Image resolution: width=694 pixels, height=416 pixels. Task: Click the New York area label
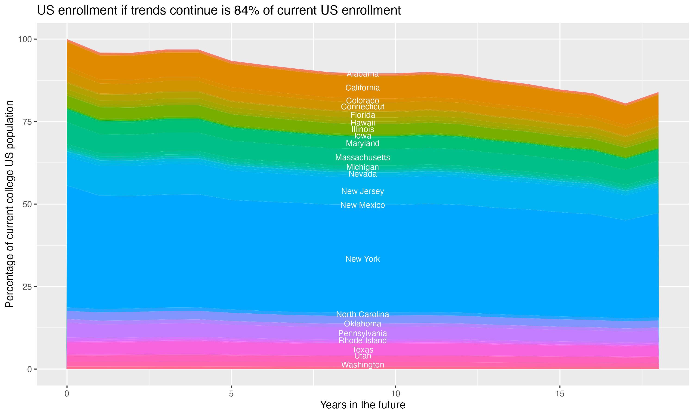pos(362,259)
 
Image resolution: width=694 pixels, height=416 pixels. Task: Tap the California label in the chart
pos(362,88)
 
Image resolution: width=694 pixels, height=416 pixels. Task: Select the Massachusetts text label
pos(362,158)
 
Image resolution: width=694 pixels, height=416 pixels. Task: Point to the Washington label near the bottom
pos(362,365)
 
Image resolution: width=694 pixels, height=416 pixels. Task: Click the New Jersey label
pos(362,191)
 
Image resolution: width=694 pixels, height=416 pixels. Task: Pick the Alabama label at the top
pos(362,74)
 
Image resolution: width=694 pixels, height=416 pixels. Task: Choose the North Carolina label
pos(362,314)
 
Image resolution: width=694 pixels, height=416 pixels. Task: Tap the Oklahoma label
pos(362,324)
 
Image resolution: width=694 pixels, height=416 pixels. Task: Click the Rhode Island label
pos(362,341)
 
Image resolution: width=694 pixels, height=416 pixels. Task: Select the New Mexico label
pos(362,205)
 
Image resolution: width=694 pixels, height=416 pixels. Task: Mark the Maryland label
pos(362,144)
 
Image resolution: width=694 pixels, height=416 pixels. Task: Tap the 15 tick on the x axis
pos(560,394)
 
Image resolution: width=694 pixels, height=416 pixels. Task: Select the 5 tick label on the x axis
pos(231,394)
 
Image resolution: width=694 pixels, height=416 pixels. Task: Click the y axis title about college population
pos(9,204)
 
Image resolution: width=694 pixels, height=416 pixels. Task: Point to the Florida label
pos(362,115)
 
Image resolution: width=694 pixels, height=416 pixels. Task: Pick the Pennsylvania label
pos(362,333)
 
